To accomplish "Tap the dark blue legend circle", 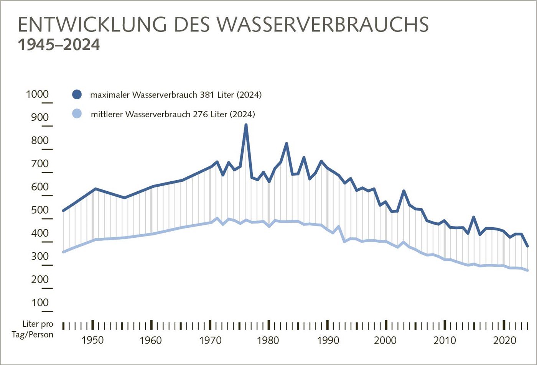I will pyautogui.click(x=77, y=95).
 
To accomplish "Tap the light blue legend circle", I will pyautogui.click(x=77, y=113).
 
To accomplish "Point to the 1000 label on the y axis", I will pyautogui.click(x=37, y=95).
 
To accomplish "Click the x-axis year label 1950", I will pyautogui.click(x=92, y=340).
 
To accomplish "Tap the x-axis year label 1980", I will pyautogui.click(x=268, y=340).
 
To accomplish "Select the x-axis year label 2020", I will pyautogui.click(x=504, y=340).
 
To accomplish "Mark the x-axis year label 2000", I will pyautogui.click(x=386, y=340).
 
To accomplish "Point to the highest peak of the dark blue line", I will pyautogui.click(x=246, y=125).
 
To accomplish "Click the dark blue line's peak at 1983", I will pyautogui.click(x=287, y=143).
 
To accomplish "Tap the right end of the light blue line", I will pyautogui.click(x=528, y=271).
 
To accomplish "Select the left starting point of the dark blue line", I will pyautogui.click(x=63, y=210).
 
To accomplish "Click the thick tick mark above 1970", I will pyautogui.click(x=210, y=324).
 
